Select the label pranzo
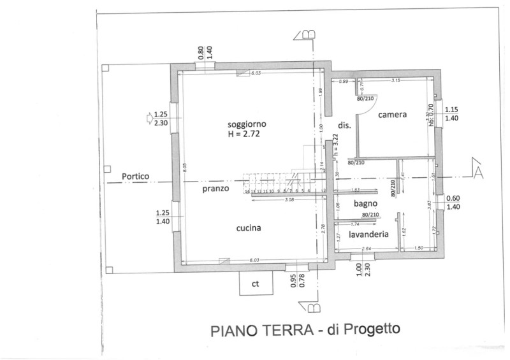pos(216,189)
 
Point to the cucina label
pos(249,227)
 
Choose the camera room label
pos(392,115)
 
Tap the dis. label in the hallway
pos(344,126)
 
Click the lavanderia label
pos(369,234)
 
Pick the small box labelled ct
pos(255,284)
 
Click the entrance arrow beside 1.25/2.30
pos(147,117)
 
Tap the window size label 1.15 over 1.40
pos(452,113)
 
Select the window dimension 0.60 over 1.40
pos(453,203)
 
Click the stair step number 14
pos(246,191)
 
